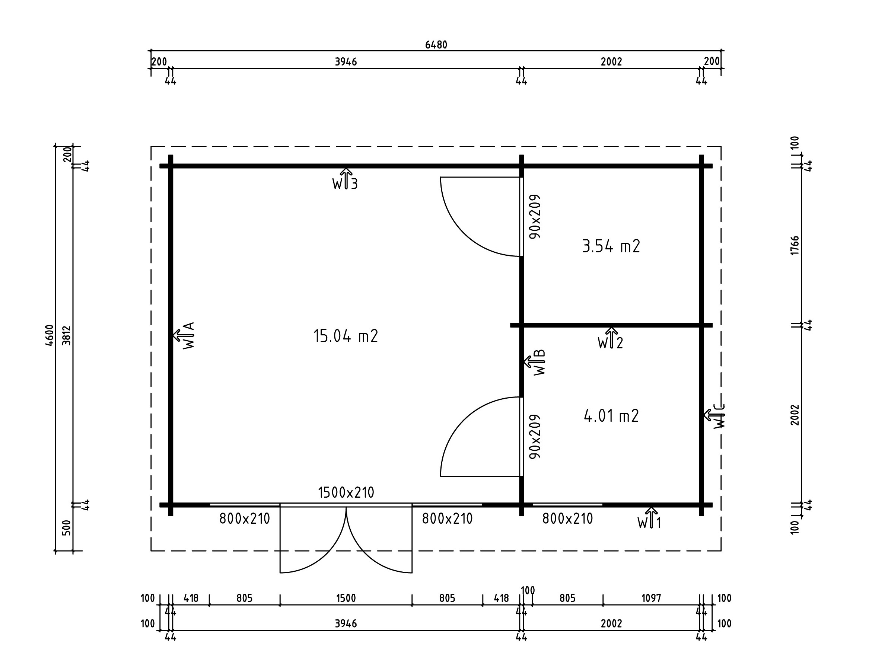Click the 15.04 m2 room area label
(x=346, y=336)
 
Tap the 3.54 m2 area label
(x=611, y=246)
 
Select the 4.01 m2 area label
(x=611, y=416)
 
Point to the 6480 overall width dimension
(x=436, y=45)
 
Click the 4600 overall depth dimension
(x=50, y=335)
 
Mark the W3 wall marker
(x=346, y=179)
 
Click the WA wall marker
(x=184, y=335)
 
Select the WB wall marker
(x=534, y=363)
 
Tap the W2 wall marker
(x=610, y=338)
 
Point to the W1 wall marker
(x=649, y=518)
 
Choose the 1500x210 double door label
(x=346, y=492)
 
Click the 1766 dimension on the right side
(x=795, y=246)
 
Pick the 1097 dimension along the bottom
(x=651, y=599)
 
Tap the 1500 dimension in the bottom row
(x=346, y=599)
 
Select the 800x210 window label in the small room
(x=567, y=519)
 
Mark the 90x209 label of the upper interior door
(x=535, y=216)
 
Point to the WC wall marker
(x=714, y=416)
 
